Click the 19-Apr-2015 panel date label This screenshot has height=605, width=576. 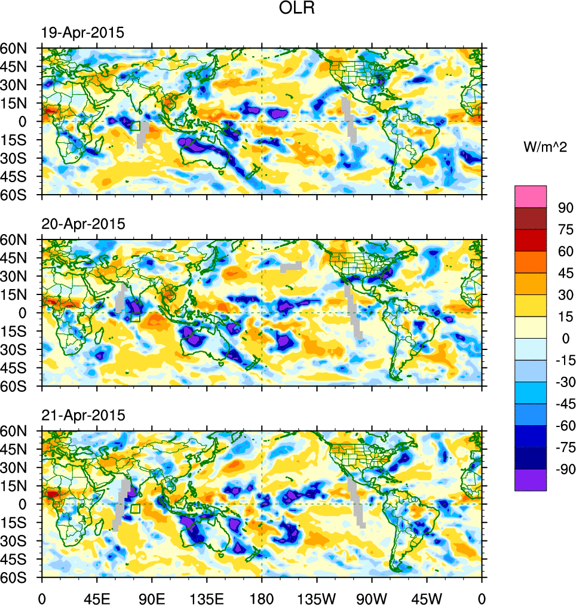click(82, 33)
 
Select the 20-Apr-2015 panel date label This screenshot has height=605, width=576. click(82, 225)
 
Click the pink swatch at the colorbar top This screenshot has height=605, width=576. click(531, 196)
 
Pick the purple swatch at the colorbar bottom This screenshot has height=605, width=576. click(531, 480)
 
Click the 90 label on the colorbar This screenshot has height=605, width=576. click(565, 208)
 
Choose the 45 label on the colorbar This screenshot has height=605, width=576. click(565, 273)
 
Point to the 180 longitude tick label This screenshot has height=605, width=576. click(262, 597)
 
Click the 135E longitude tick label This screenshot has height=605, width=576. click(207, 597)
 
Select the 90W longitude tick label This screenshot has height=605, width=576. click(372, 597)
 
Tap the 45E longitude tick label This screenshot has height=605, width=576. click(97, 597)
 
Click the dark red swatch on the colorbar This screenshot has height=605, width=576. click(531, 218)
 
